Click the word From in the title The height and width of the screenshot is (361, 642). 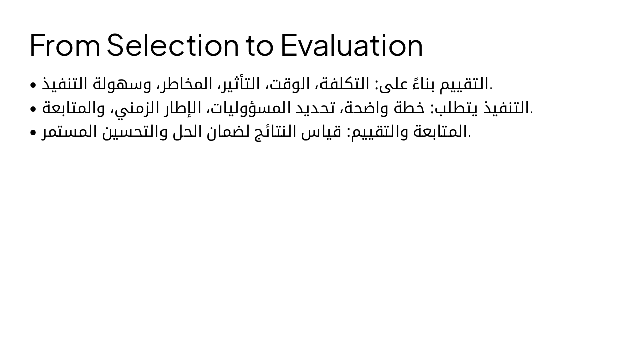point(65,45)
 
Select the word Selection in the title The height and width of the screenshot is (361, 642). point(173,45)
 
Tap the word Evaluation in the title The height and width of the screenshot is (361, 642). point(352,45)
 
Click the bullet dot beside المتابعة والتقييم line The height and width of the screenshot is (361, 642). point(33,133)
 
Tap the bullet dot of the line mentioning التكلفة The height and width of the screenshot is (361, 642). point(33,85)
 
